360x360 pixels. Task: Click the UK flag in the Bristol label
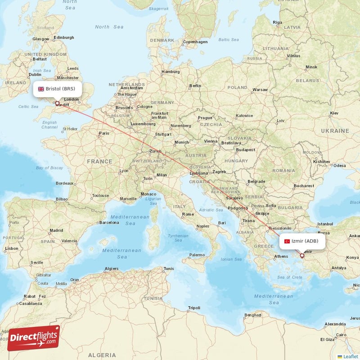(41, 89)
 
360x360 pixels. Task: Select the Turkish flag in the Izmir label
(287, 241)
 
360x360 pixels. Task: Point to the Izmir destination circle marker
(302, 256)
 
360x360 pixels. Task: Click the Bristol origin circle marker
(57, 103)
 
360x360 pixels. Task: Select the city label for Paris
(104, 133)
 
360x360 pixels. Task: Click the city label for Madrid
(56, 230)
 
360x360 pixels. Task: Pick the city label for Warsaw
(260, 90)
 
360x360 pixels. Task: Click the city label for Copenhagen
(195, 42)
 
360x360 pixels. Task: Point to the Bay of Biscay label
(49, 168)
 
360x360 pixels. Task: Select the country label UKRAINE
(334, 130)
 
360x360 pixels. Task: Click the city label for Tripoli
(194, 308)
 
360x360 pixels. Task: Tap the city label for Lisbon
(12, 248)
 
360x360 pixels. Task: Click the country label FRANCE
(99, 161)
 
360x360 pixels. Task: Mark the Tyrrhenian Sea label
(178, 238)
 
